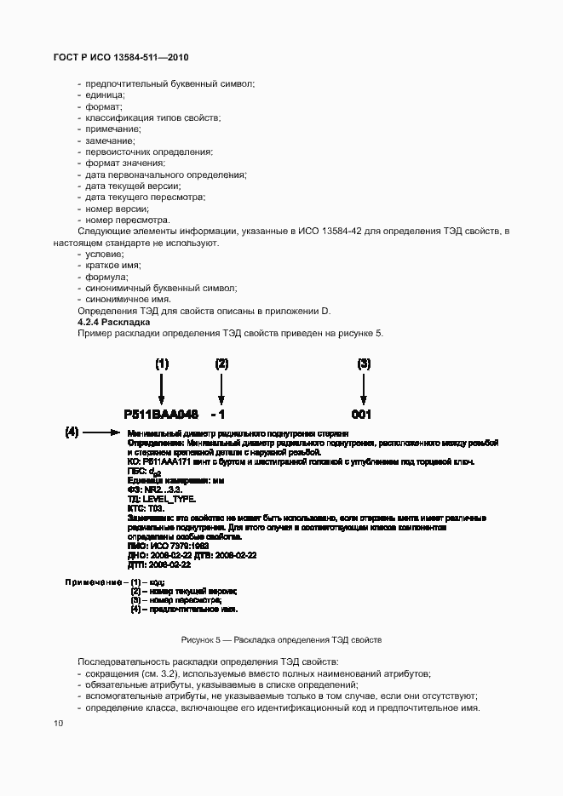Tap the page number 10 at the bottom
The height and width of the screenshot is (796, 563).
(x=58, y=723)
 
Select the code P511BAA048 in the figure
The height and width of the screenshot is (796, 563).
(x=161, y=415)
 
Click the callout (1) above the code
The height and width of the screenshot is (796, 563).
(x=162, y=364)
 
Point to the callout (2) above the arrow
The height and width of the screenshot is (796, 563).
(x=221, y=364)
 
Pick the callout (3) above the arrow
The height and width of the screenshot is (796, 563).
(x=364, y=364)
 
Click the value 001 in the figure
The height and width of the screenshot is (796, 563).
(x=363, y=415)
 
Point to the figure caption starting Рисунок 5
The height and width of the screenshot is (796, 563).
(x=281, y=639)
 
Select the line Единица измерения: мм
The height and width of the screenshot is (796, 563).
(x=175, y=480)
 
